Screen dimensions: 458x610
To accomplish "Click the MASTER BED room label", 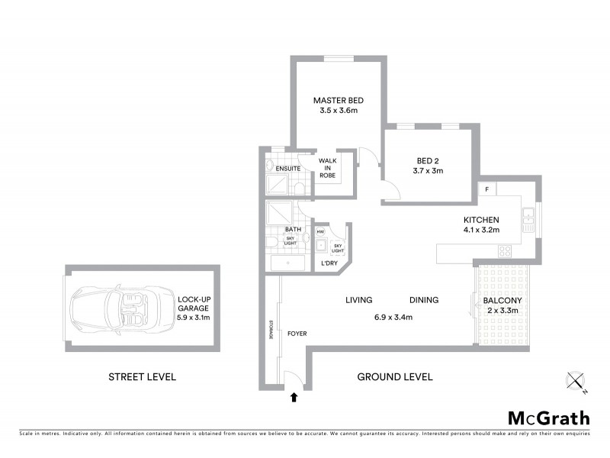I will pos(339,101).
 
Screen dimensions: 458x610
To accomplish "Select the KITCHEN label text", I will pos(480,220).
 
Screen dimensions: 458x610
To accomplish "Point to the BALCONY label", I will pos(502,301).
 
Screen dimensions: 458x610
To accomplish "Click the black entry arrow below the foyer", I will pos(294,396).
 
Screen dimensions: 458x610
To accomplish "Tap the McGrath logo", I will pos(548,418).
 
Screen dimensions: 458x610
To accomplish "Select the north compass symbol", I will pos(576,381).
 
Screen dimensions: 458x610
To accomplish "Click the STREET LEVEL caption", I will pos(142,376).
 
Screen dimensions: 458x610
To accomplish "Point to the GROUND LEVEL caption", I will pos(395,376).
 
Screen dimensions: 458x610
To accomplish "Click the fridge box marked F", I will pos(486,189).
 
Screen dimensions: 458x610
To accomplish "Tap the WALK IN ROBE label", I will pos(328,168).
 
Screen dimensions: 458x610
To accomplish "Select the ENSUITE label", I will pos(287,166).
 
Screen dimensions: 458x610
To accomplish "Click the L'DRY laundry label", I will pos(329,263).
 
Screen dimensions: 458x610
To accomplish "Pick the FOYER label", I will pos(296,334).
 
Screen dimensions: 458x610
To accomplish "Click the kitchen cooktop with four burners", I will pos(505,250).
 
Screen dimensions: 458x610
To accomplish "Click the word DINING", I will pos(423,300).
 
